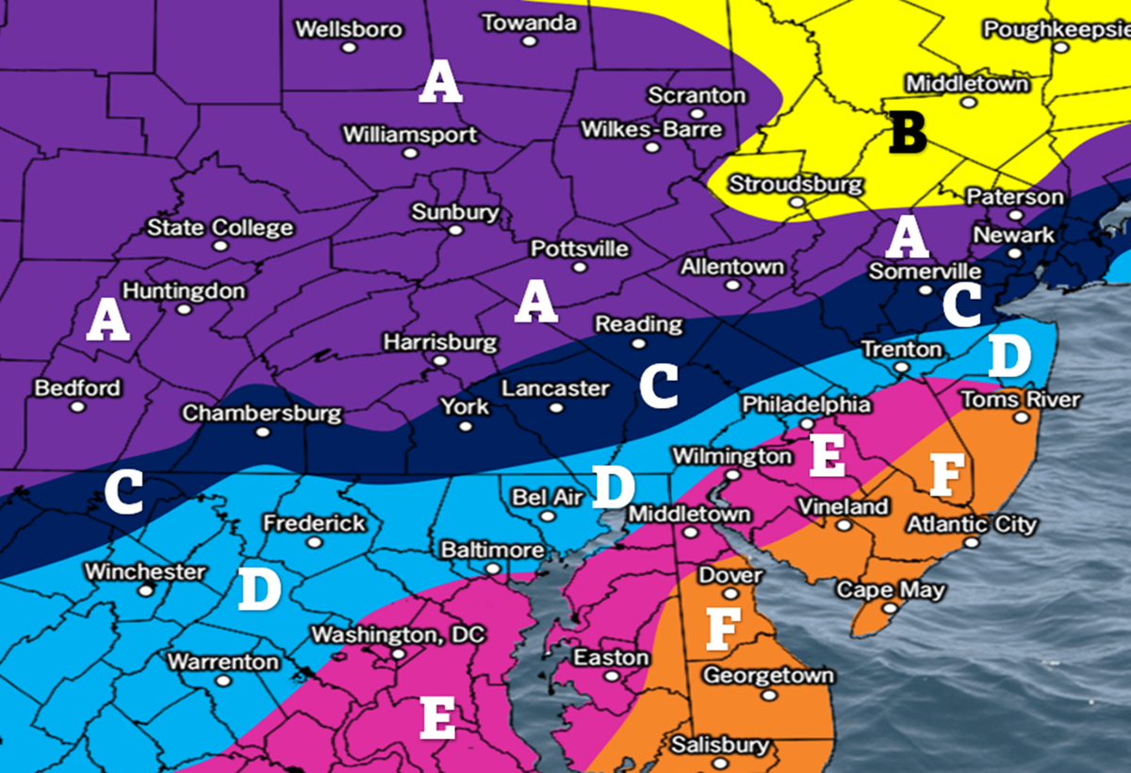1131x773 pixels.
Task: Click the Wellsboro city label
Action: pos(348,28)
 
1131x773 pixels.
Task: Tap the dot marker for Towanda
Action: pos(530,41)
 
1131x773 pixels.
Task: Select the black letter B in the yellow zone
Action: pos(908,133)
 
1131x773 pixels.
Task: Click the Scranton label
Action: pos(697,95)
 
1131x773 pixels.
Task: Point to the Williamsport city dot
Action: pos(410,153)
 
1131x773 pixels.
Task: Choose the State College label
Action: pos(220,228)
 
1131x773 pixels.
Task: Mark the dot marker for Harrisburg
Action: pos(440,360)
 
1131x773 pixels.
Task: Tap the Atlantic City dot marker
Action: pos(972,543)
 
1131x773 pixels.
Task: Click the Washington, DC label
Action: pos(398,634)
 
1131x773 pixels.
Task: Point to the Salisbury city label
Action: pos(720,746)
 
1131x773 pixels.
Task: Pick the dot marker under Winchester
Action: pos(145,590)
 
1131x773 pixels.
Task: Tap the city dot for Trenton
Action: pos(901,368)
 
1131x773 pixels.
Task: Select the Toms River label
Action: pos(1020,400)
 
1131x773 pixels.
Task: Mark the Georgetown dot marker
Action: pos(768,695)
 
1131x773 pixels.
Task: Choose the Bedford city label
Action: pos(77,388)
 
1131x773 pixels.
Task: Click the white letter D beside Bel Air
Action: pos(614,486)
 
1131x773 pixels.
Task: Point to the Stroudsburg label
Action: pos(795,184)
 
